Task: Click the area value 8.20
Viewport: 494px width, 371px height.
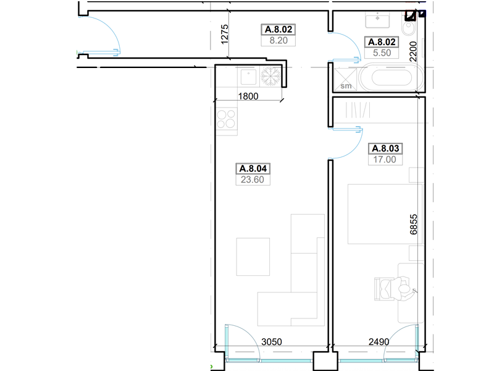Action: point(278,40)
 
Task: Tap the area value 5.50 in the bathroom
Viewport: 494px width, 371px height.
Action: point(382,53)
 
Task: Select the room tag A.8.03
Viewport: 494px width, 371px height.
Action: point(385,148)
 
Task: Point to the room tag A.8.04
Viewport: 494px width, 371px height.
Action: point(253,168)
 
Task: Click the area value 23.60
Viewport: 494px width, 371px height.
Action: point(253,179)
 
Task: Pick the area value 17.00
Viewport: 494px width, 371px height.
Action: point(385,160)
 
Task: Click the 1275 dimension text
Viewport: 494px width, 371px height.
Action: point(224,35)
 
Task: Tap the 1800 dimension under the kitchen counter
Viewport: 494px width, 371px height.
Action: point(248,96)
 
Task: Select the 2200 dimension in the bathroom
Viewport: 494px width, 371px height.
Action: point(412,51)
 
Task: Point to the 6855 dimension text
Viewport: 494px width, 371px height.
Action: point(414,224)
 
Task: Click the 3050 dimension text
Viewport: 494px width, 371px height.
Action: point(272,342)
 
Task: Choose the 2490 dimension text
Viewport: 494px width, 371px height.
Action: point(379,342)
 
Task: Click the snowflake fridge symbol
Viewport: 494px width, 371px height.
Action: point(270,77)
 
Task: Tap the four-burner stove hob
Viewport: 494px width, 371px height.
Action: point(226,119)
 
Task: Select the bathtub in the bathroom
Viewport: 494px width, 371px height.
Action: point(391,77)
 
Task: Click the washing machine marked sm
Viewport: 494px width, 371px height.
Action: point(345,80)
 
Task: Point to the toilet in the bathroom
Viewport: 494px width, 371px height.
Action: point(409,25)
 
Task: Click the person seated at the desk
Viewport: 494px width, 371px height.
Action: point(403,289)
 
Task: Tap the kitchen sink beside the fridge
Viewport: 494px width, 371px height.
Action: point(248,77)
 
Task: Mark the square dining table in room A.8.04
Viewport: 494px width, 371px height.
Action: point(253,257)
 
